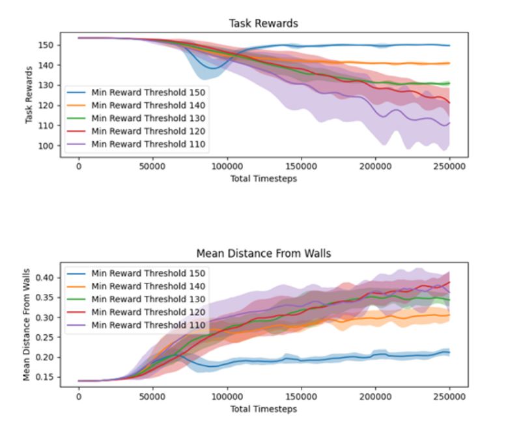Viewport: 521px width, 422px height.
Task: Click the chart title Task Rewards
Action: (263, 23)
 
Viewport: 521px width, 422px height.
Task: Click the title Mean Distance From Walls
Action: (263, 253)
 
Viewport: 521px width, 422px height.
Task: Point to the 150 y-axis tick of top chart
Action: (49, 46)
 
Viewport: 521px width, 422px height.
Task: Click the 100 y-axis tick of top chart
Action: (49, 146)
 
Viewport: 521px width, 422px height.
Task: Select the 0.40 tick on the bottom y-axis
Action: (47, 278)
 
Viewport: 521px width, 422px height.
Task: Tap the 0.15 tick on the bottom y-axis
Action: (47, 377)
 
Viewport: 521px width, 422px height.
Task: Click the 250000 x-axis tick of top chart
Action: (449, 166)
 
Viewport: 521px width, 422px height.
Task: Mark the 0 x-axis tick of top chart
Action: (79, 166)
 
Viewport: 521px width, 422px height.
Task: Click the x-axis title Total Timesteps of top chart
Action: (263, 178)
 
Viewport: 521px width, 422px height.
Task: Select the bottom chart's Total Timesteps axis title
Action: (263, 408)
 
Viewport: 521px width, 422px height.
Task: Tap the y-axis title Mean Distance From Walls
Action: (27, 325)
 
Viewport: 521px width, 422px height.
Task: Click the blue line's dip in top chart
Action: (209, 68)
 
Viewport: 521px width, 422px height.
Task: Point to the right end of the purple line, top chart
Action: (449, 123)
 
